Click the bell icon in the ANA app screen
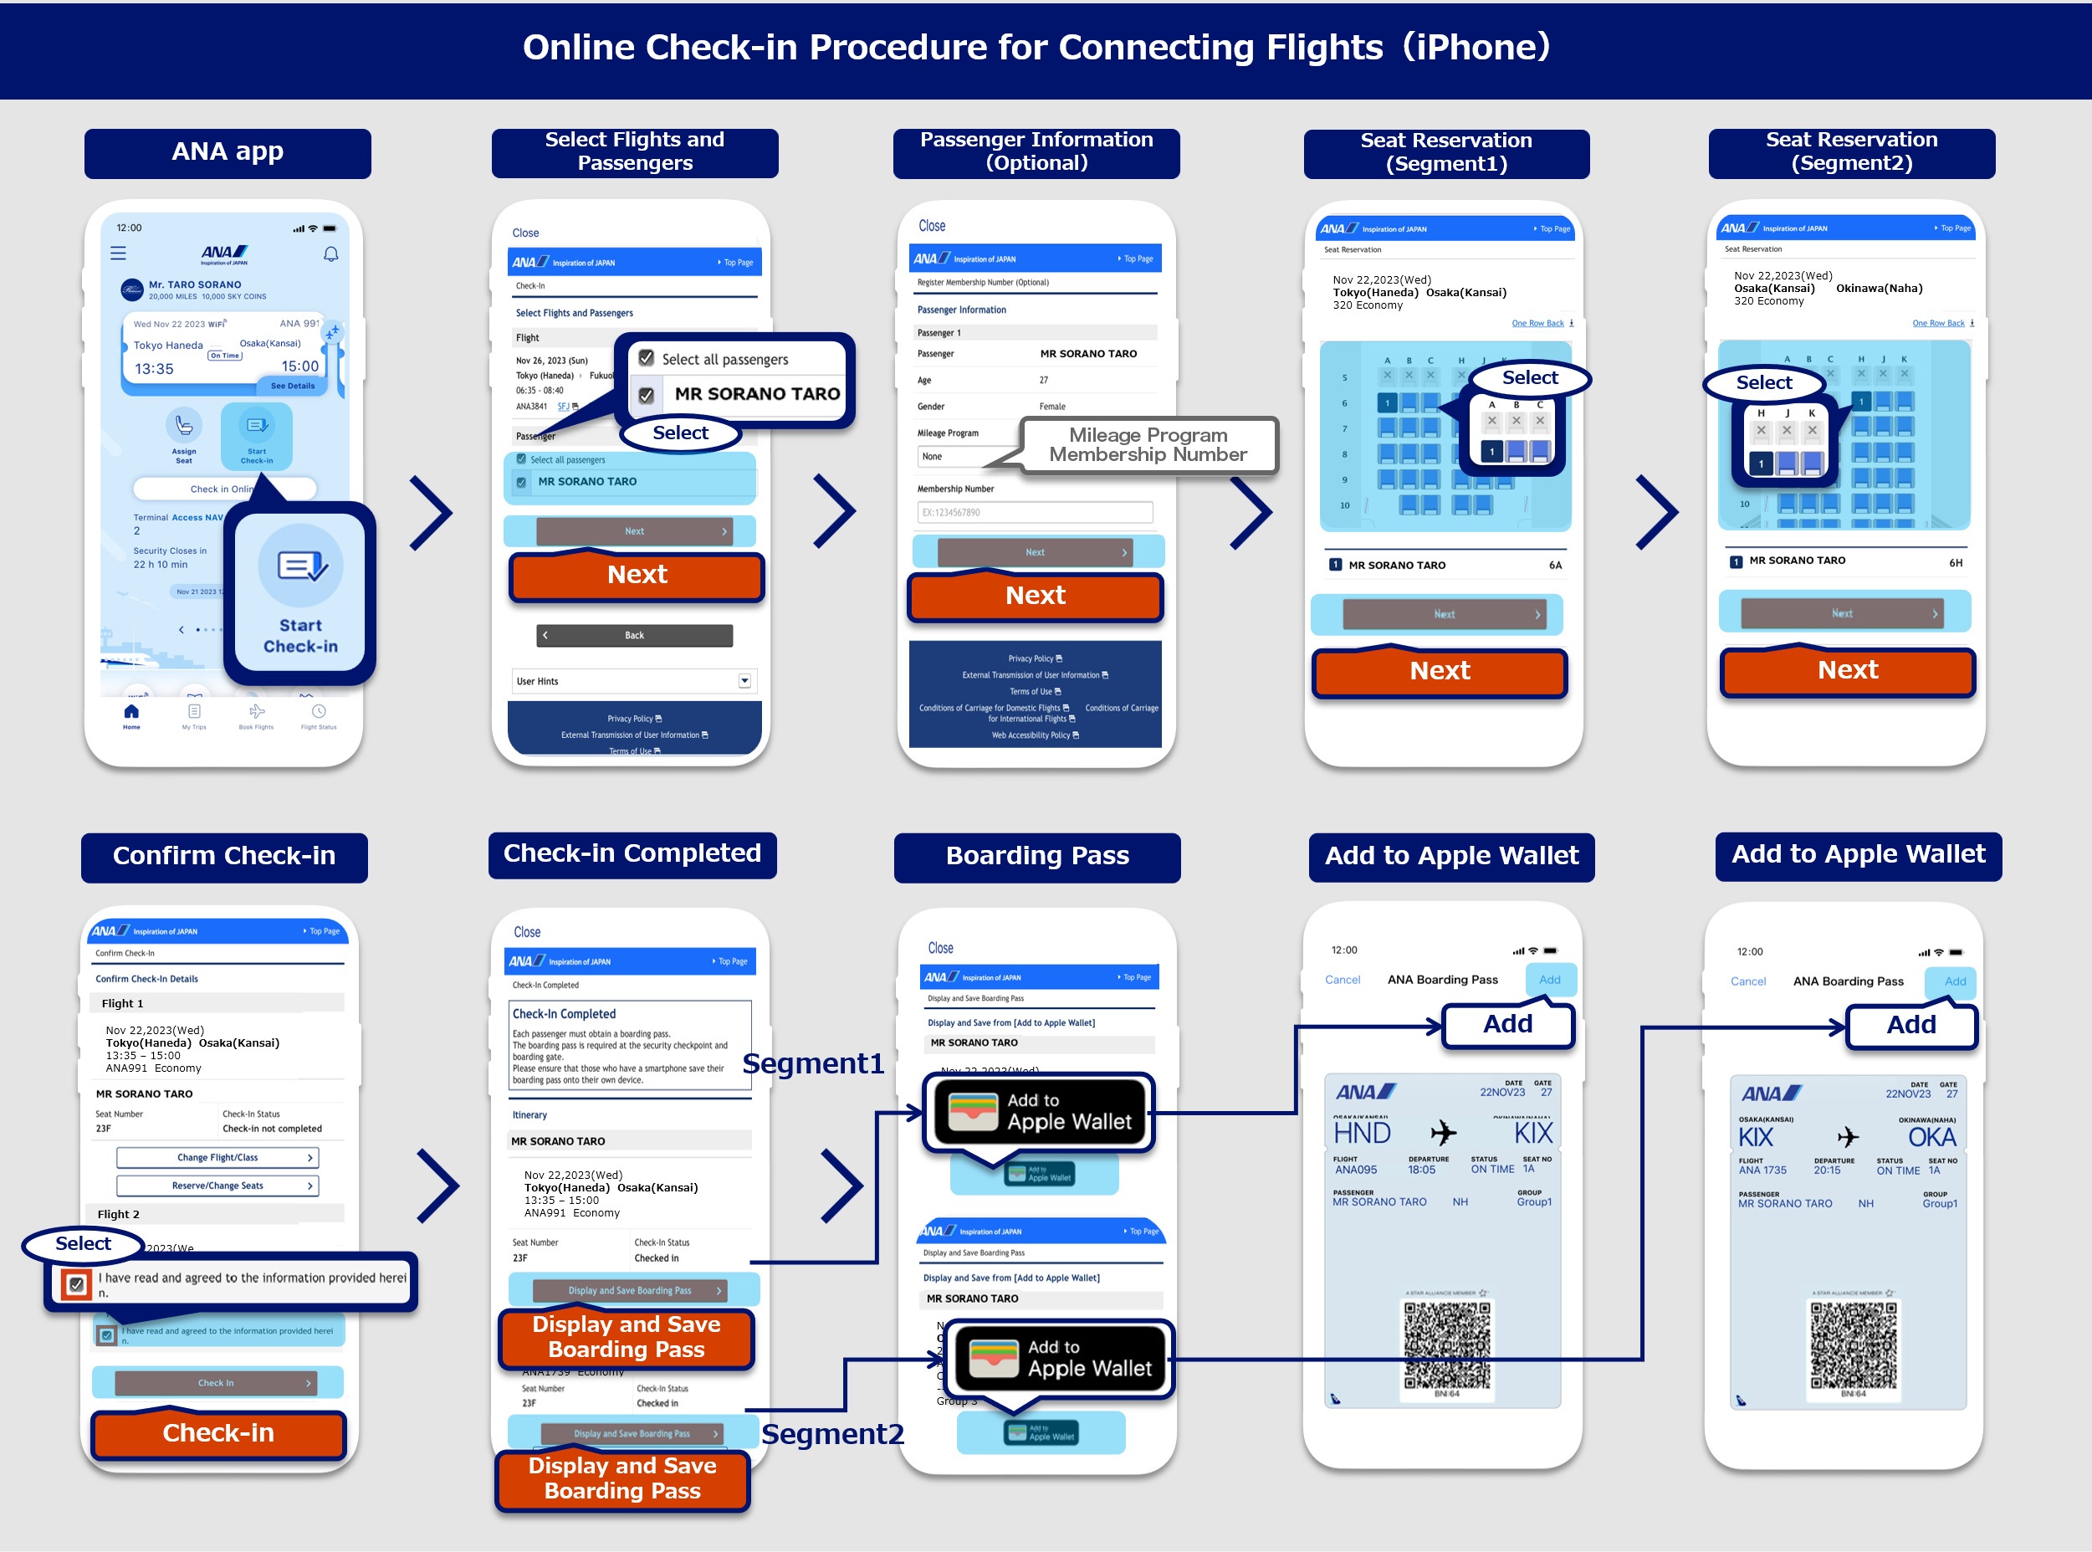pos(330,254)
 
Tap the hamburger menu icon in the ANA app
pos(119,253)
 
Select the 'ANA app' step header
pos(228,152)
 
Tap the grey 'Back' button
pos(634,635)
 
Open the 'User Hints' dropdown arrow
pos(744,680)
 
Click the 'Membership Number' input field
pos(1034,512)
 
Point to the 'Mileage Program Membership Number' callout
pos(1148,444)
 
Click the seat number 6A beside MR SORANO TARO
pos(1555,565)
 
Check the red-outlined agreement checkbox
pos(76,1283)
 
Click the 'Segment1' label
pos(812,1063)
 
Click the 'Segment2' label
pos(832,1434)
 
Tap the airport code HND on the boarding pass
pos(1361,1133)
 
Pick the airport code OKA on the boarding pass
pos(1931,1137)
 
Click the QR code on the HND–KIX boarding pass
pos(1446,1345)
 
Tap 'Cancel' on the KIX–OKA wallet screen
pos(1747,981)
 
